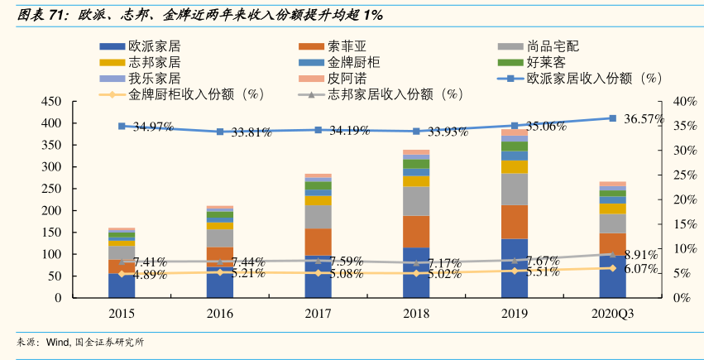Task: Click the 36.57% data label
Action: point(644,118)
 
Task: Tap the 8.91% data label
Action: point(640,254)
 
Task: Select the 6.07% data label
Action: point(640,269)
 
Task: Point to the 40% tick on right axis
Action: point(687,101)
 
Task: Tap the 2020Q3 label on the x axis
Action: point(612,314)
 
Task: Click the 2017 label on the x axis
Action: point(318,314)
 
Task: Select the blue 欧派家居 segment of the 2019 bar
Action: point(515,267)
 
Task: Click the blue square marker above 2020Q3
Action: point(612,118)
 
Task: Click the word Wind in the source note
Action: point(57,342)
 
